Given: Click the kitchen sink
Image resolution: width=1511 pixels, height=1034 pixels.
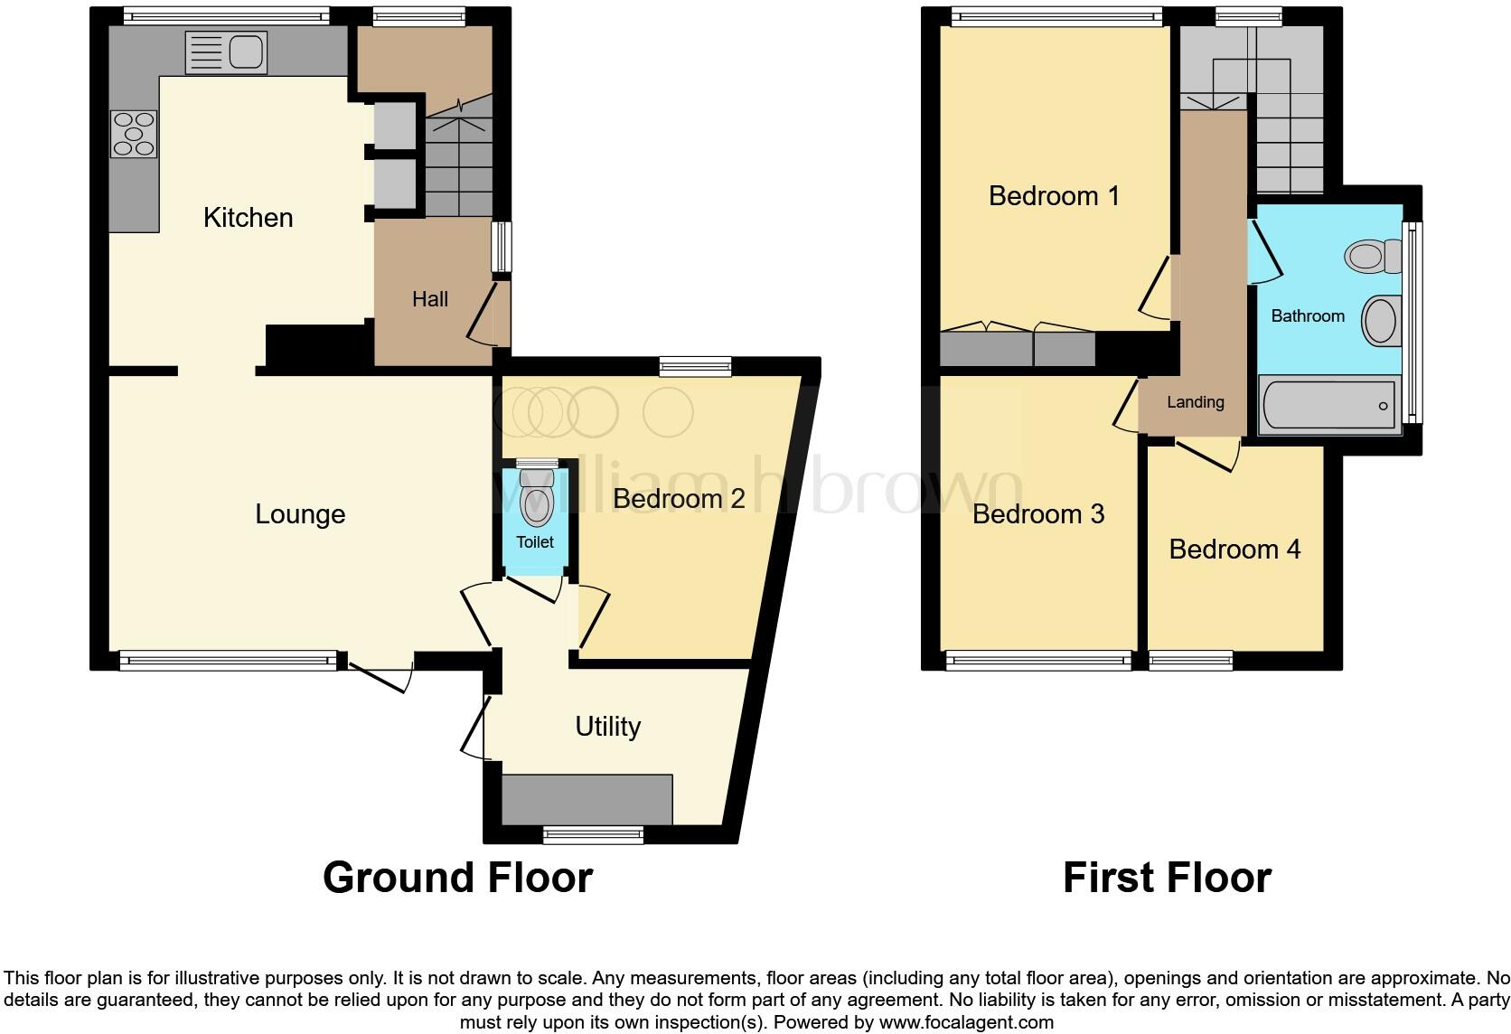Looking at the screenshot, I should tap(226, 52).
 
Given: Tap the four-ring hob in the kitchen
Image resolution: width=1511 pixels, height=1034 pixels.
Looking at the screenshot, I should tap(134, 134).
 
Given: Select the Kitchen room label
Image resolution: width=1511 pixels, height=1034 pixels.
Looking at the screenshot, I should tap(248, 218).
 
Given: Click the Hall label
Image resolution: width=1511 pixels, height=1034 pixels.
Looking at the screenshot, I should tap(430, 299).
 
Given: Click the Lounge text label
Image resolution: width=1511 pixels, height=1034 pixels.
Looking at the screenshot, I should tap(300, 514).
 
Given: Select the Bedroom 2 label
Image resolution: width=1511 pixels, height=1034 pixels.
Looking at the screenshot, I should tap(679, 499).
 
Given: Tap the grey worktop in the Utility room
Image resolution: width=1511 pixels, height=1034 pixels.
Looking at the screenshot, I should tap(587, 799).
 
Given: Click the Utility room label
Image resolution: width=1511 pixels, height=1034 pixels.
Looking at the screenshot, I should tap(607, 727).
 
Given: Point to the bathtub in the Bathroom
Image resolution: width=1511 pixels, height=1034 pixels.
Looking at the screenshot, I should tap(1328, 406).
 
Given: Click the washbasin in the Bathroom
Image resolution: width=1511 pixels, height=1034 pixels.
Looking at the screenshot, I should tap(1380, 321).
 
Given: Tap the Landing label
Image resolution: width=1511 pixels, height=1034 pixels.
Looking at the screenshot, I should tap(1195, 402).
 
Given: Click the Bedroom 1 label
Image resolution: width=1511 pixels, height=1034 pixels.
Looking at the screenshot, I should tap(1054, 196).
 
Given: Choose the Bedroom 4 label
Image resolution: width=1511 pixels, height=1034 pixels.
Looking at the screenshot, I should tap(1234, 550).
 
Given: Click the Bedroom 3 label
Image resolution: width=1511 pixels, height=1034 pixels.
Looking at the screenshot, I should tap(1038, 514).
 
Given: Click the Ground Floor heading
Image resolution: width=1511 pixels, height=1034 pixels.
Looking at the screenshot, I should tap(457, 878).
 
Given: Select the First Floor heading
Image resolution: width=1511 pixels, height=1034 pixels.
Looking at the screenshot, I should tap(1167, 878).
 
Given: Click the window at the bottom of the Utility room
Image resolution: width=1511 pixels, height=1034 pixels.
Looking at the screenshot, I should tap(594, 834).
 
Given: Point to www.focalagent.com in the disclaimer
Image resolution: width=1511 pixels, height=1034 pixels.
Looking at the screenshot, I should tap(965, 1023).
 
